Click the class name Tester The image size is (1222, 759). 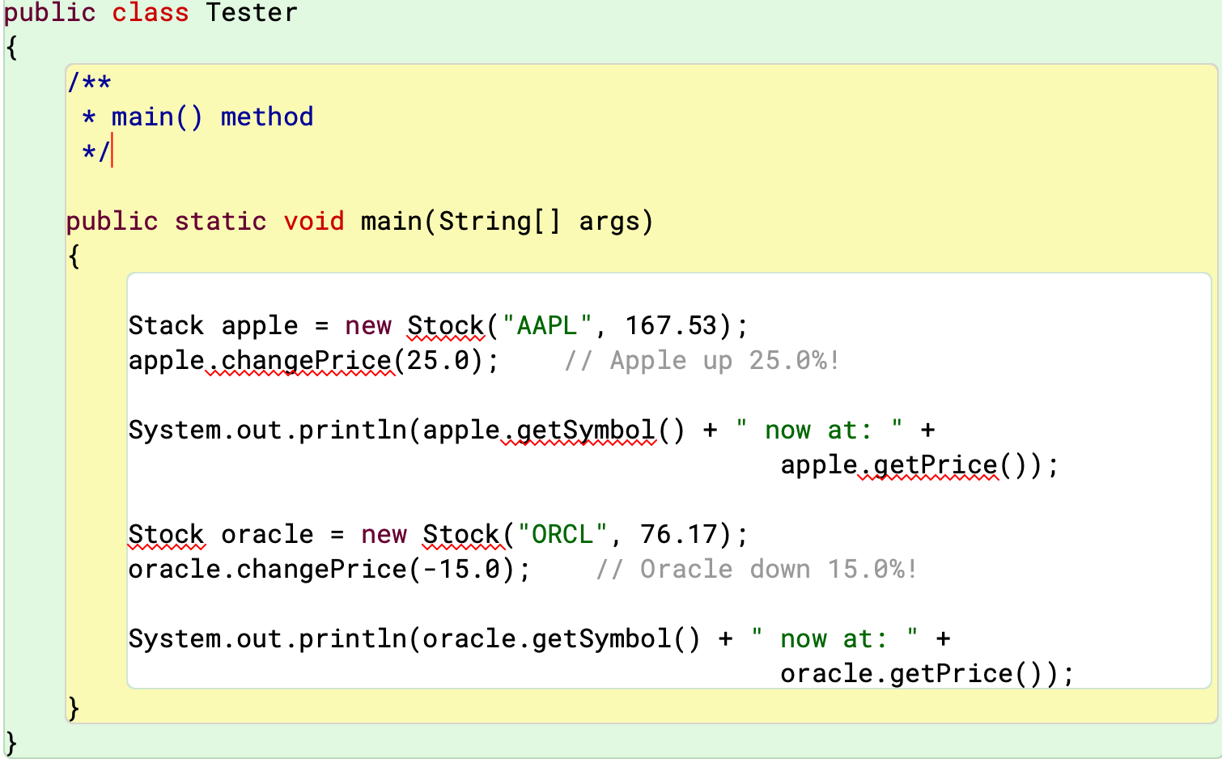(251, 13)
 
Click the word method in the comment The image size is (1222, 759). (266, 117)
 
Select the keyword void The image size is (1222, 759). (313, 221)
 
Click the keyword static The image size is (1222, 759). (220, 221)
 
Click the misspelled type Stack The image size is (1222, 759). (166, 325)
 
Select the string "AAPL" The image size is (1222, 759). (547, 325)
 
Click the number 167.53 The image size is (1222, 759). (671, 325)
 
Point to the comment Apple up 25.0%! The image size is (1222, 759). (702, 360)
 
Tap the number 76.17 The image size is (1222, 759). (679, 534)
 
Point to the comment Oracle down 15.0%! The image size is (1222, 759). (757, 569)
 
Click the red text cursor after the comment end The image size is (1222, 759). (112, 151)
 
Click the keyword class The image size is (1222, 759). (150, 13)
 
